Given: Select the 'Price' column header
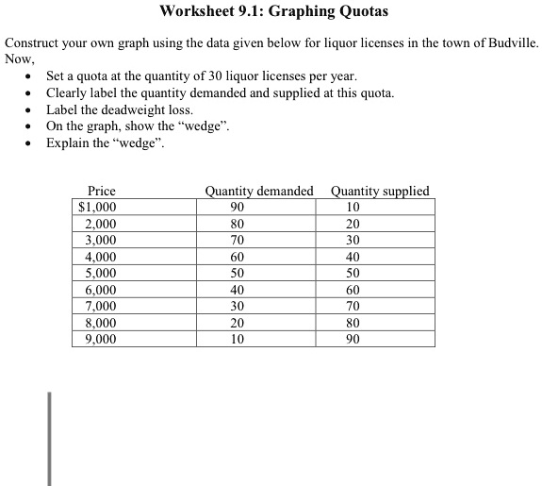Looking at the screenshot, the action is pos(102,191).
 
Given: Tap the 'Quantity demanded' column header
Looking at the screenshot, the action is pos(259,191).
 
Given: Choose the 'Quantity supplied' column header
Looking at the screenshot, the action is pos(380,191).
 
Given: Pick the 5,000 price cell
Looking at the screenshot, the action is pos(100,273).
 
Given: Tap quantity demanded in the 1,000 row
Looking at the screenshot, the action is pos(237,208).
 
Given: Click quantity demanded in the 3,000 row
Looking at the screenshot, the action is pos(237,241).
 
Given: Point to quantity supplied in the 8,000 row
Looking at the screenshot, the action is pos(353,323).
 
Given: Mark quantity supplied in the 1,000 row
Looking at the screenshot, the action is pos(353,208).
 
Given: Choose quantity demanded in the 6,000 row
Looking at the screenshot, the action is pos(237,290).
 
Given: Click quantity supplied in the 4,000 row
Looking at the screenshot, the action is pos(353,257).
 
